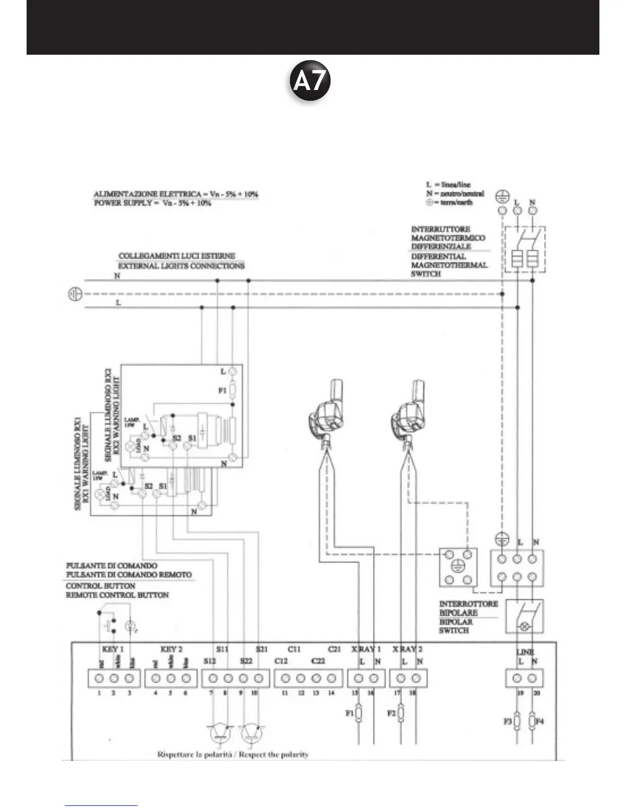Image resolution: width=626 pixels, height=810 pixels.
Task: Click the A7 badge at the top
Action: click(309, 82)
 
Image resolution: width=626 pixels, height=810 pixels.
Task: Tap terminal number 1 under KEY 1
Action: click(100, 679)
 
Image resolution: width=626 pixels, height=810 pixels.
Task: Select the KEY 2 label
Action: click(171, 649)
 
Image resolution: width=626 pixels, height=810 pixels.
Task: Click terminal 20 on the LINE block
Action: click(532, 679)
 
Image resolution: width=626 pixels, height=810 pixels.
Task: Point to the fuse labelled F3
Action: click(517, 721)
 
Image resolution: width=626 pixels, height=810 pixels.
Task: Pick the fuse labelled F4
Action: click(532, 721)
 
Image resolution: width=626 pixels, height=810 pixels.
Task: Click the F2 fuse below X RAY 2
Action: click(400, 712)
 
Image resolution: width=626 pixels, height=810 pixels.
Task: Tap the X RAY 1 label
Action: click(366, 649)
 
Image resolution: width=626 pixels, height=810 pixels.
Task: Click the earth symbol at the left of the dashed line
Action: click(75, 295)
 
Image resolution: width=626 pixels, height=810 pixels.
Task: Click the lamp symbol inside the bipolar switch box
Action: click(524, 626)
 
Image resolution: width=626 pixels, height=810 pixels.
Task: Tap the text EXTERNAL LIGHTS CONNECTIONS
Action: click(181, 266)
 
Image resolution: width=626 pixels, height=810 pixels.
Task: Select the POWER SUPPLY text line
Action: click(152, 203)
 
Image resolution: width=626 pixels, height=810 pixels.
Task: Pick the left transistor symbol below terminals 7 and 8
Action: click(220, 734)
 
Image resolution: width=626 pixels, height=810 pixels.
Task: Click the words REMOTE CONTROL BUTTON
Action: click(117, 595)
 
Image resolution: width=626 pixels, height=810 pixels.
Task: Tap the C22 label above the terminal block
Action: click(318, 661)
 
